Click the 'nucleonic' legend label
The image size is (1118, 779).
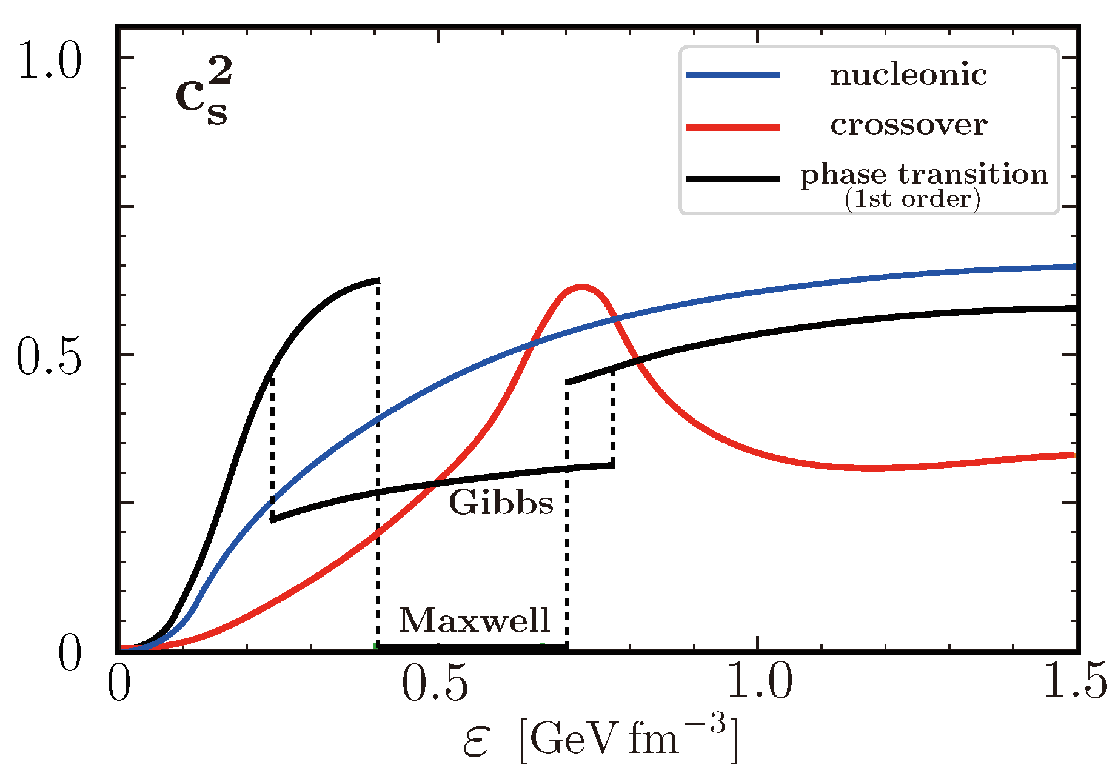(x=908, y=75)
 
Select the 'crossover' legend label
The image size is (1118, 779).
(x=908, y=125)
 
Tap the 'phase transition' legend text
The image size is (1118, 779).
(x=923, y=175)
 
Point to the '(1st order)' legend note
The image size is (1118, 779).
(x=912, y=199)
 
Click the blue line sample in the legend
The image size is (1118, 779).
(x=733, y=75)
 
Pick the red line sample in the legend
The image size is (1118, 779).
(x=733, y=127)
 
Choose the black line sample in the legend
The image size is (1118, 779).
(x=733, y=178)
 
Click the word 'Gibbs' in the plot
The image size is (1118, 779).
(x=501, y=503)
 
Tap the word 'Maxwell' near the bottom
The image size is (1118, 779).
(x=474, y=621)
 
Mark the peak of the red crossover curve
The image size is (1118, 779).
(x=581, y=287)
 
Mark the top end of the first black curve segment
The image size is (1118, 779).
(x=378, y=280)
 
